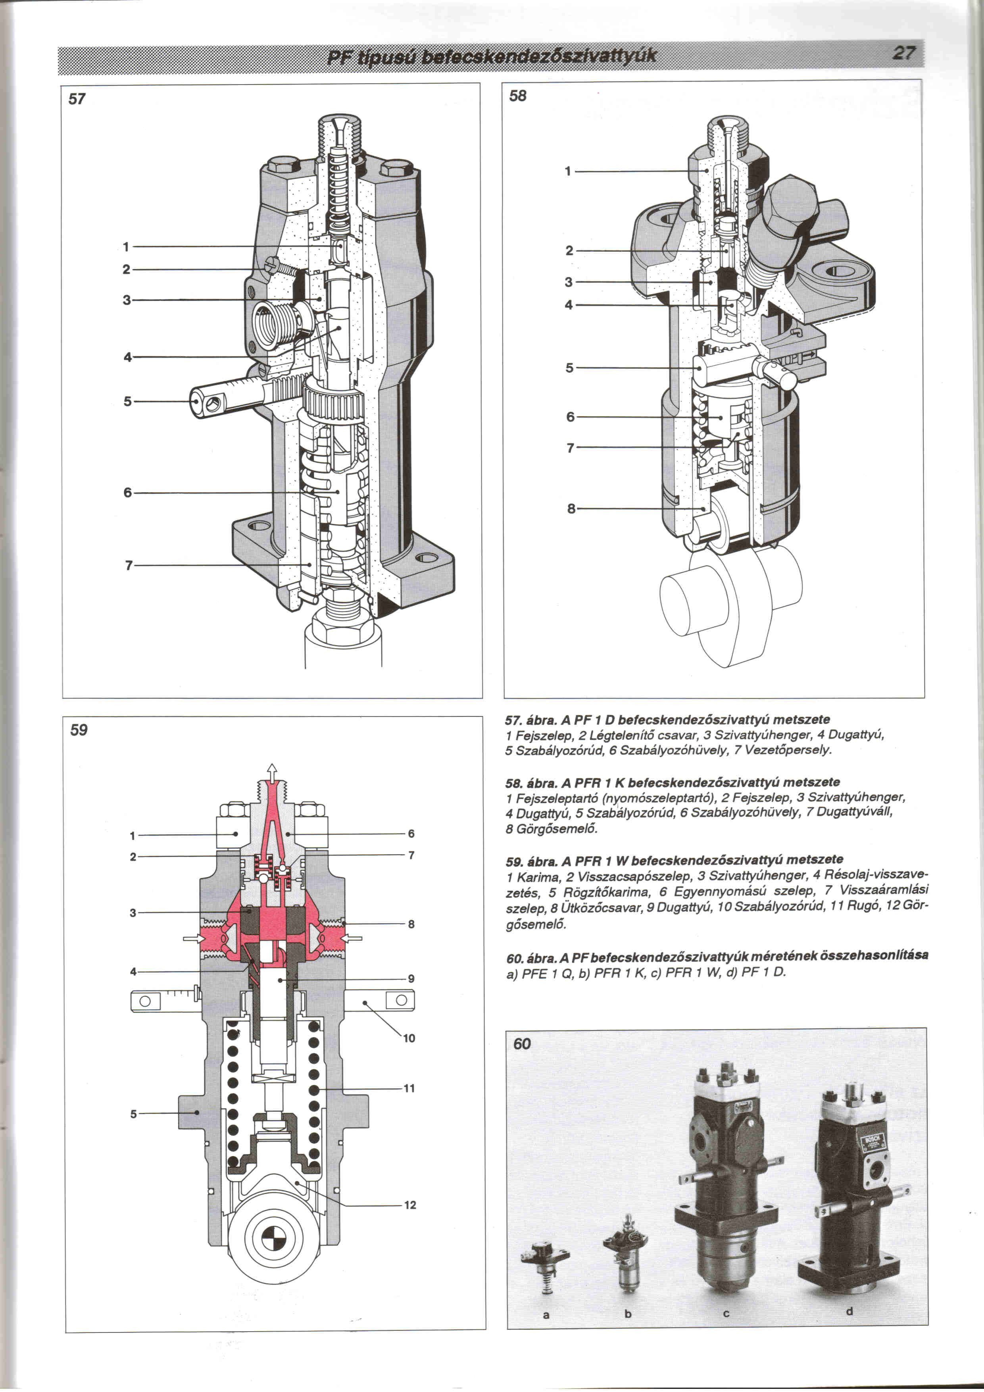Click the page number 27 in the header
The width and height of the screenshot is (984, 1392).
[x=903, y=53]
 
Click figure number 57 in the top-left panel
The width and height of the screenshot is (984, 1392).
[x=77, y=99]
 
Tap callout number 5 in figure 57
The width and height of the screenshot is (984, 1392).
[x=127, y=401]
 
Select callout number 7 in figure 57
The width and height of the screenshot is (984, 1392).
[x=129, y=565]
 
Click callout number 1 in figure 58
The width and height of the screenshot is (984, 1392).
[x=568, y=171]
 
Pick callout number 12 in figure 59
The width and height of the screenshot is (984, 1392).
[x=410, y=1205]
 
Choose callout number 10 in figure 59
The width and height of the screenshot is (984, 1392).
[x=409, y=1038]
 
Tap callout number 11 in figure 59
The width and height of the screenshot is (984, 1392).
[x=409, y=1088]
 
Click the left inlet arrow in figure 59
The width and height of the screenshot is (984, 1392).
[x=194, y=938]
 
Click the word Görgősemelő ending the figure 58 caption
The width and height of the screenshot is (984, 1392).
[x=552, y=828]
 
